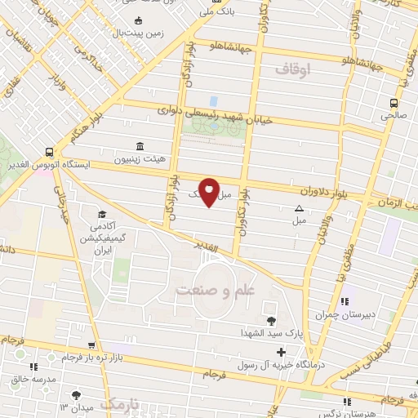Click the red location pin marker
pos(209,191)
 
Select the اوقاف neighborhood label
pos(295,72)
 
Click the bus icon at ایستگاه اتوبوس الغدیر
pos(51,152)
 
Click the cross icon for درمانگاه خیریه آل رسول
pos(282,353)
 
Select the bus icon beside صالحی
pos(394,103)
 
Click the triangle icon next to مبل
pos(300,207)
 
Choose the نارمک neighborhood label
pos(130,405)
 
